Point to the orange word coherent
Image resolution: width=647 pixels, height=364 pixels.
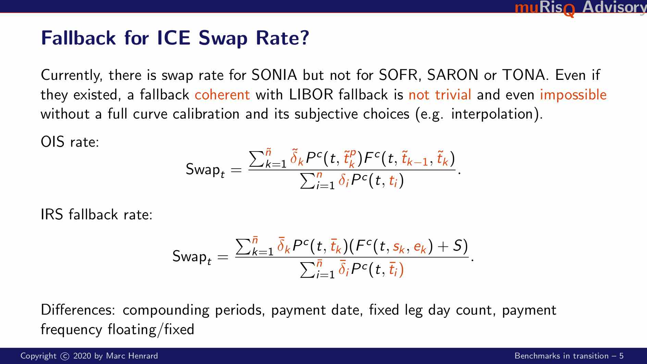[222, 95]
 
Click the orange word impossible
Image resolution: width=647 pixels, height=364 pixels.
[573, 95]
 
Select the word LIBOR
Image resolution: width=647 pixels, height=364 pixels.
[311, 95]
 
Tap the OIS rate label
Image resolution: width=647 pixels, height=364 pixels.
[70, 142]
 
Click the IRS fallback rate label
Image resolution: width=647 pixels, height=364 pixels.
[96, 215]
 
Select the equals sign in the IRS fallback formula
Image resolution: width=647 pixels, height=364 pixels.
[223, 257]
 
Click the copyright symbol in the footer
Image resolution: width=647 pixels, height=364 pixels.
[64, 356]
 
